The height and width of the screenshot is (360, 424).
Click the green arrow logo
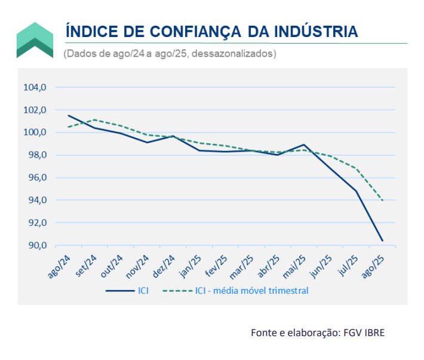coord(35,40)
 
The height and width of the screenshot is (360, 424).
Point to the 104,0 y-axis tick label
coord(35,87)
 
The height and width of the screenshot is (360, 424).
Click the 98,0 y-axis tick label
coord(35,155)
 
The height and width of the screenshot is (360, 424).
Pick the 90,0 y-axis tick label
coord(35,245)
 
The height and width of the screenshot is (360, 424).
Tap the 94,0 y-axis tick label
coord(35,200)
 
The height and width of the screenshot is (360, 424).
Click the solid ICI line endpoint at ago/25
coord(382,241)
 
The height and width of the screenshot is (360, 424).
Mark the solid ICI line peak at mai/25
coord(304,144)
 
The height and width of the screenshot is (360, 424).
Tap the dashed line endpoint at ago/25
coord(382,201)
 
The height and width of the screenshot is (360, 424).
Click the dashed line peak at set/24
coord(95,119)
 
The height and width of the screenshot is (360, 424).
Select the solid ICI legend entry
coord(127,291)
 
